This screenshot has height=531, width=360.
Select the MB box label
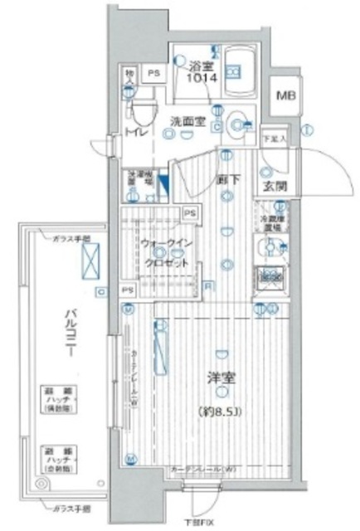(x=285, y=95)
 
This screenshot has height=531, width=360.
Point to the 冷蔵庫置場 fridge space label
(x=273, y=222)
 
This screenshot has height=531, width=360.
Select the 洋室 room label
(x=220, y=379)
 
